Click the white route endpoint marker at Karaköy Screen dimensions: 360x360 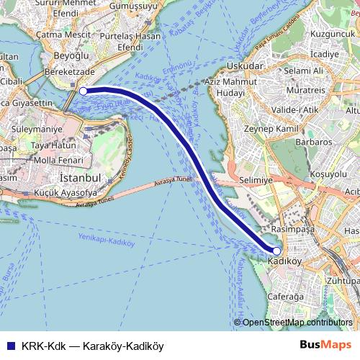(83, 91)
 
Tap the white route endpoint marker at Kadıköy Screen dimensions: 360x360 (276, 251)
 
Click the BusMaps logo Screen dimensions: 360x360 (325, 345)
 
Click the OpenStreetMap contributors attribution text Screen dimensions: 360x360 (298, 323)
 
